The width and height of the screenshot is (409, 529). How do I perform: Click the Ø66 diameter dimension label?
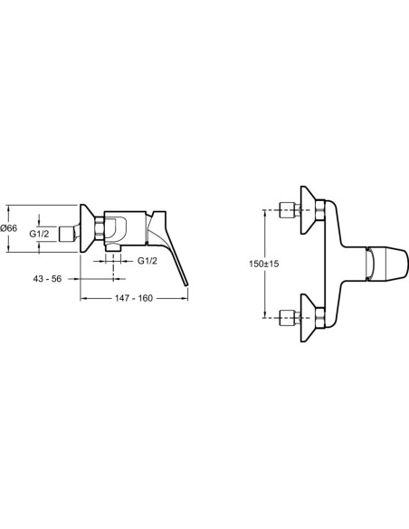pos(9,228)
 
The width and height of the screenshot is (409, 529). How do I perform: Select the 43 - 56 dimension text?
pos(47,279)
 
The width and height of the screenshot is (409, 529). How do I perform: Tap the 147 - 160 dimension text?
pos(134,298)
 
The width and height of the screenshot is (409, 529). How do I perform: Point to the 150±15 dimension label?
pos(264,264)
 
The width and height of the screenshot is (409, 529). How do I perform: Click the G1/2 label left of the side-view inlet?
pos(39,234)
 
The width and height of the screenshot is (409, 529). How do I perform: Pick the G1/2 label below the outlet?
pos(147,261)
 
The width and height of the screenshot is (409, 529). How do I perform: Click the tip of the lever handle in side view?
pos(186,285)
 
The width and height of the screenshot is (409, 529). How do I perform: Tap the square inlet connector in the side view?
pos(67,234)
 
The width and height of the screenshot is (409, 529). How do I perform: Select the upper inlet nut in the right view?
pos(287,210)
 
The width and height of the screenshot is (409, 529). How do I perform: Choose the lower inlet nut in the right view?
pos(287,317)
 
